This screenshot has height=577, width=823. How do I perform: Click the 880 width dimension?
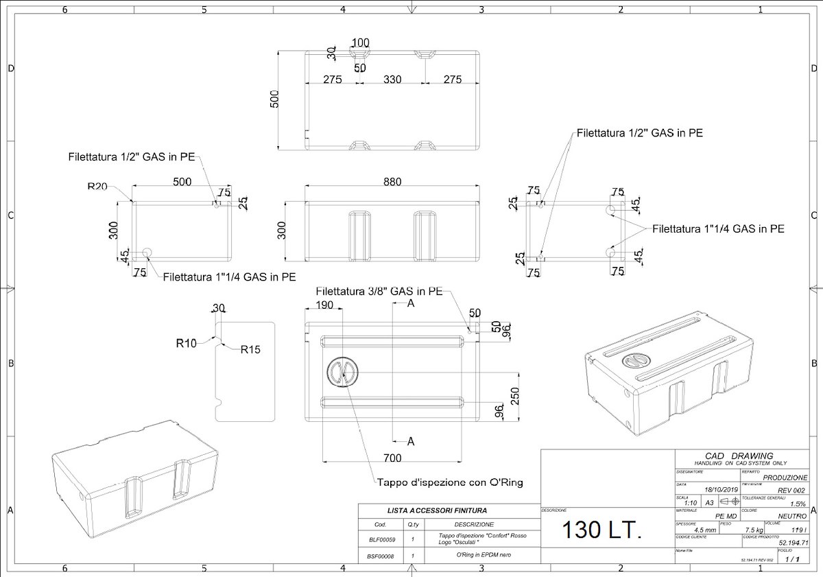pos(392,182)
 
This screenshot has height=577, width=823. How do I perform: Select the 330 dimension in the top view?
pos(392,80)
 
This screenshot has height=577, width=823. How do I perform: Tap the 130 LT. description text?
pos(602,530)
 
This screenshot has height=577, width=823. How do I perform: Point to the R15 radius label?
pos(250,349)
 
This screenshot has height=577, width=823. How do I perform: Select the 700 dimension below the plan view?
pos(392,457)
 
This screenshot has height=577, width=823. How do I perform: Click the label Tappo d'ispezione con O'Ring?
pos(450,482)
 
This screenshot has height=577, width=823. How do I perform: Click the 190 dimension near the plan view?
pos(324,305)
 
